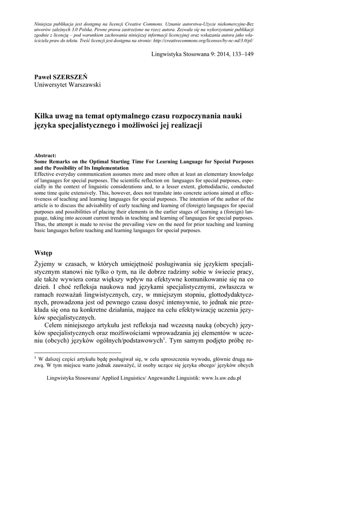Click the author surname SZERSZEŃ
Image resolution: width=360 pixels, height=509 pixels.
click(x=72, y=77)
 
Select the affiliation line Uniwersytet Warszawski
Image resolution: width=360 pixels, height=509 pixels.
click(x=67, y=85)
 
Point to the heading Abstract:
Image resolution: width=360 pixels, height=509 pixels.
click(x=45, y=156)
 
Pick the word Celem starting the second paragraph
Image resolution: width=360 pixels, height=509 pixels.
click(x=54, y=325)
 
